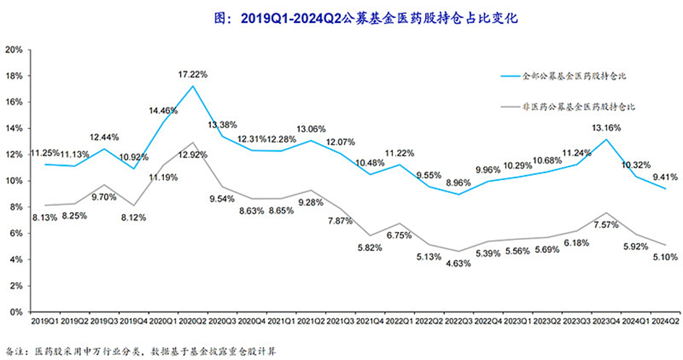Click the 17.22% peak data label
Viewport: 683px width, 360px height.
192,74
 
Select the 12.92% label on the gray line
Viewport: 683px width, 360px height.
192,155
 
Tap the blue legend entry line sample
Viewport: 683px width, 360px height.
510,77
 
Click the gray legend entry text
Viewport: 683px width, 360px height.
578,107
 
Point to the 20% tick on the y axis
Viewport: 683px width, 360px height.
14,50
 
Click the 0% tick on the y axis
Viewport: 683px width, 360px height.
16,312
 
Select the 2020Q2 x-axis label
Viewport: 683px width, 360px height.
193,321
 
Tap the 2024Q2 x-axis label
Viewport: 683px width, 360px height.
665,321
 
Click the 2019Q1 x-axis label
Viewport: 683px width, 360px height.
46,321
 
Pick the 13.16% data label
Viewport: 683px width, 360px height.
606,128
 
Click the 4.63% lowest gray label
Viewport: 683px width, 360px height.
458,264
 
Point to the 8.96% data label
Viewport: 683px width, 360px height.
458,183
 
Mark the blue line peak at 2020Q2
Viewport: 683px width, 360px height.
193,86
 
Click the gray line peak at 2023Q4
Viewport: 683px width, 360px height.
606,213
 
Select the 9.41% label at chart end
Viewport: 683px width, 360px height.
665,177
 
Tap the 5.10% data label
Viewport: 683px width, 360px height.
665,257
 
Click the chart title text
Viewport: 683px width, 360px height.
366,18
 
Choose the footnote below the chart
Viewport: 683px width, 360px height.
141,351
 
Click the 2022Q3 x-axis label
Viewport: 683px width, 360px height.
459,321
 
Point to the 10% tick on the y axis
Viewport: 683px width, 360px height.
14,181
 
